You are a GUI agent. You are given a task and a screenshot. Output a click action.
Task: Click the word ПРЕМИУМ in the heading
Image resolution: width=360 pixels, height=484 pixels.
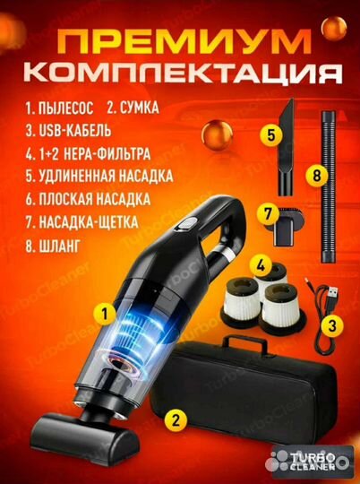(179, 42)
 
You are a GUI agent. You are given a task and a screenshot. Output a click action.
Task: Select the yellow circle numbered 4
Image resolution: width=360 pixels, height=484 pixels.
(260, 264)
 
